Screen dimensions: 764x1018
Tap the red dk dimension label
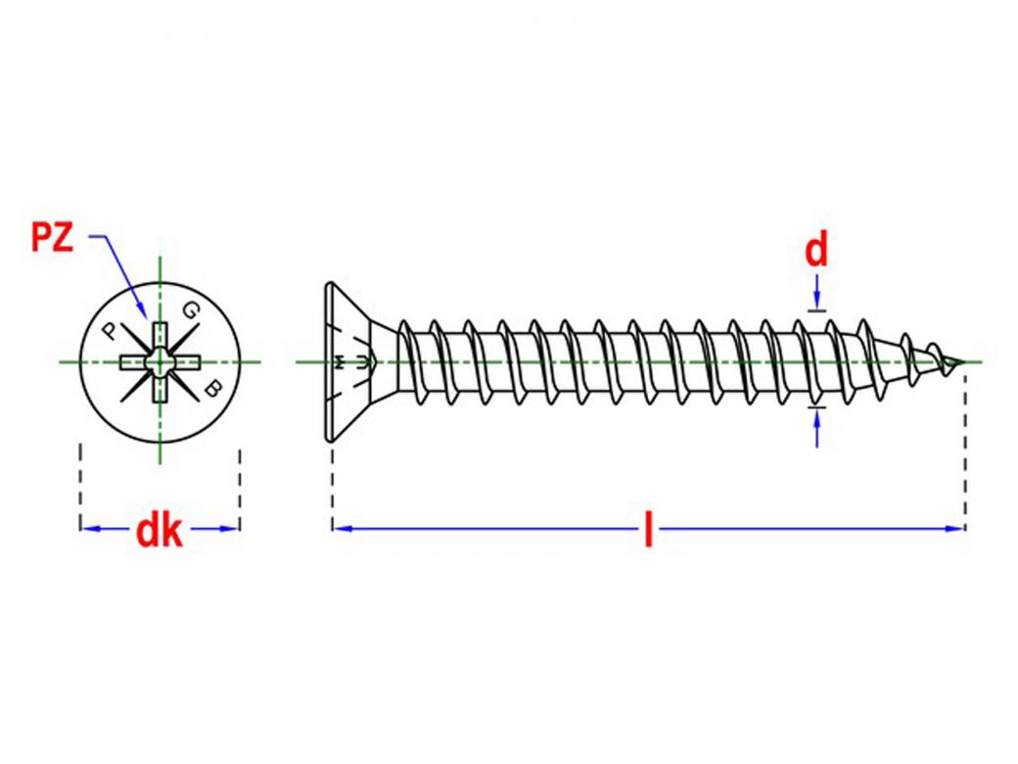159,531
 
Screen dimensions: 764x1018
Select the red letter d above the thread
815,252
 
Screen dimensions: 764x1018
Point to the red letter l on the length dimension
647,530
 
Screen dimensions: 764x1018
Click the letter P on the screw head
110,329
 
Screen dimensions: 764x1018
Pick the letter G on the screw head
190,311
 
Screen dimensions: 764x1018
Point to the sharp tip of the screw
963,362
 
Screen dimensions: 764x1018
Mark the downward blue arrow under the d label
816,300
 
